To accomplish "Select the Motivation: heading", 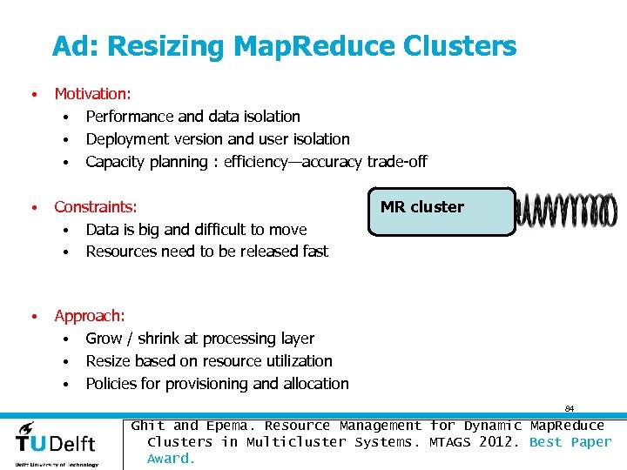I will click(91, 94).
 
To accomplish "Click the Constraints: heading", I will click(96, 207).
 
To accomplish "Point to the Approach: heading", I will click(90, 316).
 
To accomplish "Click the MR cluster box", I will click(442, 211).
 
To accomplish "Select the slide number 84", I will click(569, 408).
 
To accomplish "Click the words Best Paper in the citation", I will click(570, 442).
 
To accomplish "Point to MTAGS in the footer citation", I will click(450, 442).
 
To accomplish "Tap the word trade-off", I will click(397, 162).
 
